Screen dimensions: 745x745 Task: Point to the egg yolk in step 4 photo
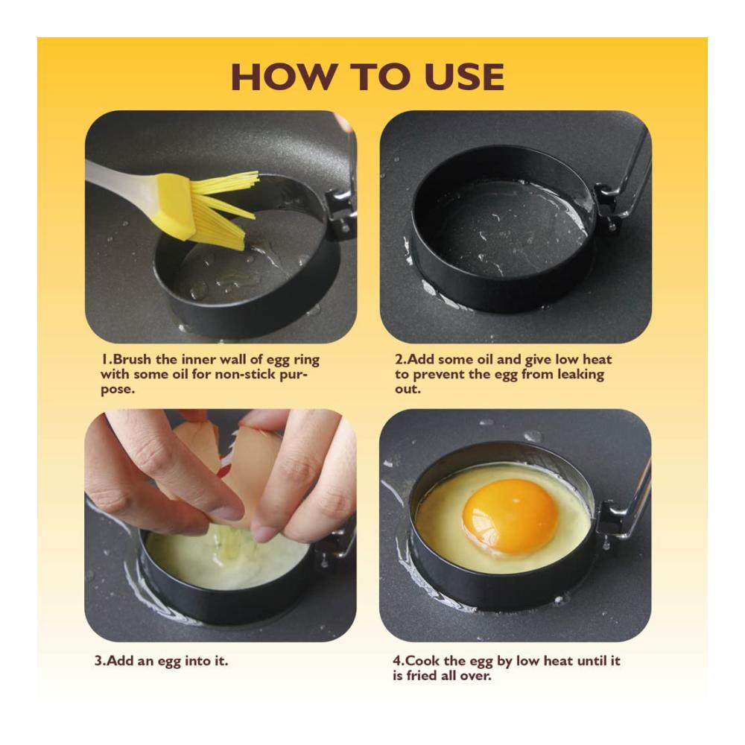pos(510,516)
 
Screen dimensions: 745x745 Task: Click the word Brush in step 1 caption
pos(133,359)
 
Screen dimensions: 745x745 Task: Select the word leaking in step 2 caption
pos(580,375)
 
